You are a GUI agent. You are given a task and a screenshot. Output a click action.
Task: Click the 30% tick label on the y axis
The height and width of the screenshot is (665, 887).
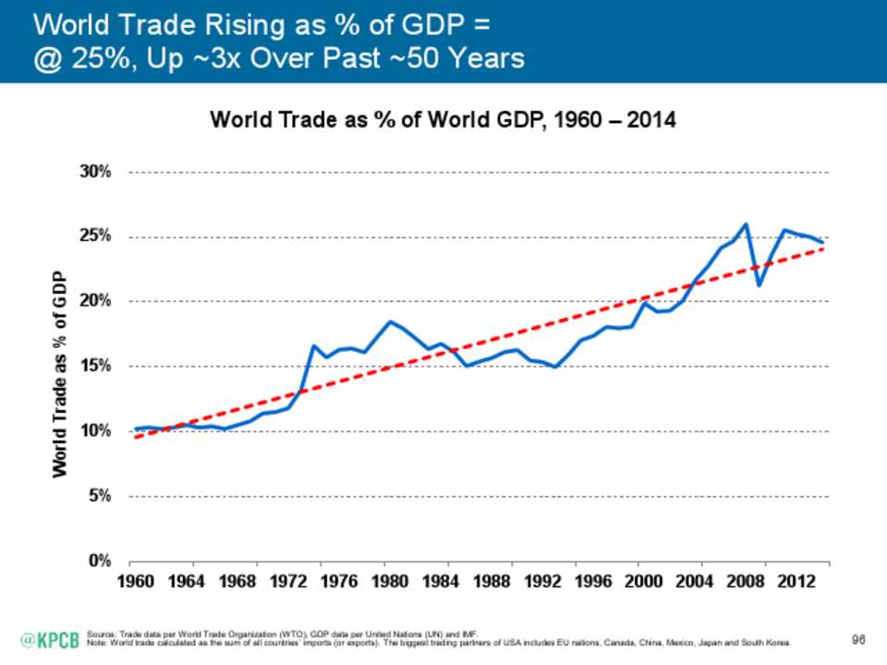coord(96,173)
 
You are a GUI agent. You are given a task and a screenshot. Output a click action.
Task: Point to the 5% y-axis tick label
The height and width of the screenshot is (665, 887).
coord(100,496)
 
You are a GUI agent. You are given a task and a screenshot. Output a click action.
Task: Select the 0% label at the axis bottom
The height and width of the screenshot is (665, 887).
coord(100,561)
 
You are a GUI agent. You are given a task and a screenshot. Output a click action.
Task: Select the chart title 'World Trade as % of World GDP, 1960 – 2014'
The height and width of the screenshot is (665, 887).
coord(443,121)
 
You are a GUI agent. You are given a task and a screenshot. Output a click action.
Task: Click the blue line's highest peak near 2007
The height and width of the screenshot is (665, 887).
coord(746,224)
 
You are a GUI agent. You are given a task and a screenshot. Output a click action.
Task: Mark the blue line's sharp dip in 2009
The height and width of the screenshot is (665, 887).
coord(759,284)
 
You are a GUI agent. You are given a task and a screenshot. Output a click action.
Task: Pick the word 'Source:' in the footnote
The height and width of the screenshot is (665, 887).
coord(97,634)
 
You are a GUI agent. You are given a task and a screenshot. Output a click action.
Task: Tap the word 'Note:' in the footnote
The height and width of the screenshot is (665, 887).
coord(94,641)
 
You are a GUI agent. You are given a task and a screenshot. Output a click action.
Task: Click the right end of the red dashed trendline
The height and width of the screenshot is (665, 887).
coord(821,248)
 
